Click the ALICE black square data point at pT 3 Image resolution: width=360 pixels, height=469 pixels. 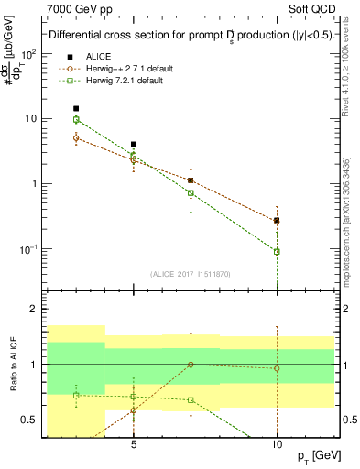(77, 108)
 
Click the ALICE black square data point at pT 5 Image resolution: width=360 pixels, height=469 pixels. (134, 144)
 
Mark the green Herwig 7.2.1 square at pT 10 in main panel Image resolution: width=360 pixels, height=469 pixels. (277, 251)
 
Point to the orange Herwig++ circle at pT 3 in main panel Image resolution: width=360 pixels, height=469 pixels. (77, 137)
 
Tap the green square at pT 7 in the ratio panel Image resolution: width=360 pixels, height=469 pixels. (191, 399)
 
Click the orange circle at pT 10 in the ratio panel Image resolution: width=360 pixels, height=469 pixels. (277, 368)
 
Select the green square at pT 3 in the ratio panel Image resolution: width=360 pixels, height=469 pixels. (77, 395)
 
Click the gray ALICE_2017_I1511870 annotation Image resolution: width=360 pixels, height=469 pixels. (191, 274)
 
